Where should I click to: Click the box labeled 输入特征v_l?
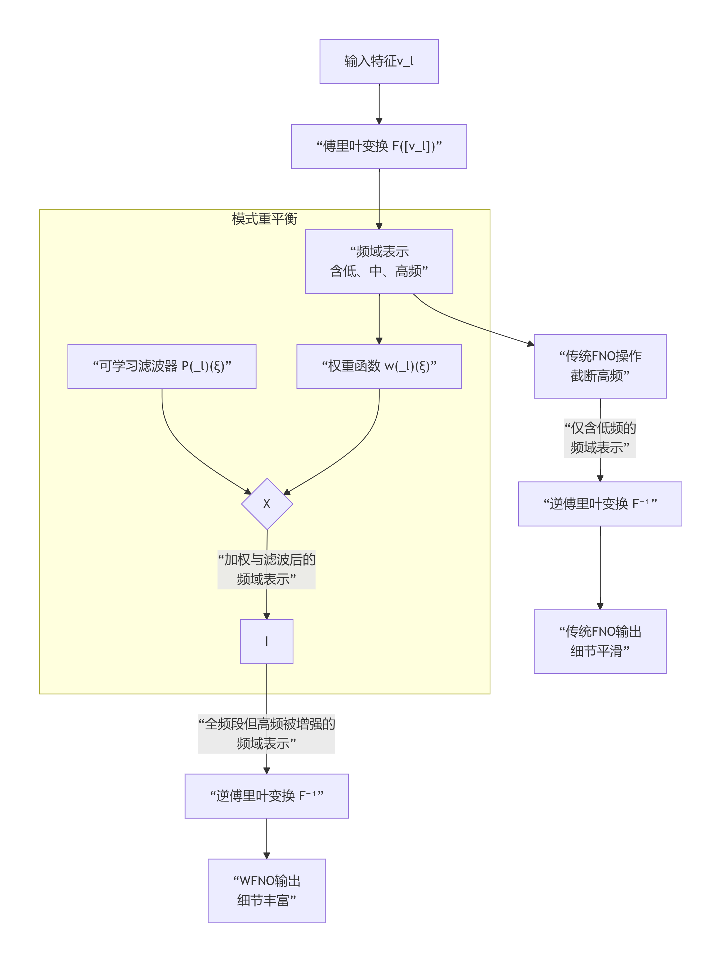point(379,61)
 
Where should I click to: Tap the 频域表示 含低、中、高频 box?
point(379,261)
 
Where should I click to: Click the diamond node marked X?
point(266,504)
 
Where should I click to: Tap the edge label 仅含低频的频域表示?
point(600,438)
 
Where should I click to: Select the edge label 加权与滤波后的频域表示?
point(266,569)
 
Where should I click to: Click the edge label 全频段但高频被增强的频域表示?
point(266,733)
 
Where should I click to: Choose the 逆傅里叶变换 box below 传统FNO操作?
point(600,504)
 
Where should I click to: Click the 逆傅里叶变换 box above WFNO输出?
point(266,796)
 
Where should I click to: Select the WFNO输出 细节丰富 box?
point(266,890)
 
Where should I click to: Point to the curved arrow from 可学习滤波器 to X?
point(183,448)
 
